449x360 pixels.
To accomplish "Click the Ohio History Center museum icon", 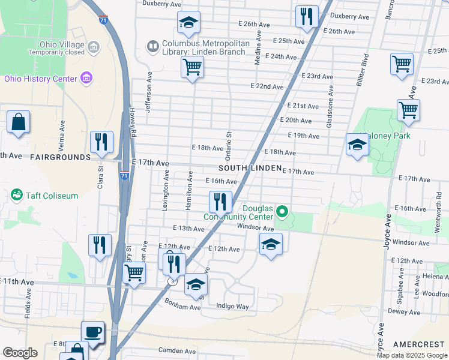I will [86, 79].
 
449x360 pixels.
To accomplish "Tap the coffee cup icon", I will [93, 332].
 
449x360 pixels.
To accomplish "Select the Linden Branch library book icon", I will [153, 46].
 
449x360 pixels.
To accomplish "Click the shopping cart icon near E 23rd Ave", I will [402, 63].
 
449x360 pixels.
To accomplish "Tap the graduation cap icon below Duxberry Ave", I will [189, 23].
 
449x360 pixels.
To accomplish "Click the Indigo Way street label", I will [232, 307].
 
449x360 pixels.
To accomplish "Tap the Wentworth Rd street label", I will [439, 211].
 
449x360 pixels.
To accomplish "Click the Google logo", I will [20, 353].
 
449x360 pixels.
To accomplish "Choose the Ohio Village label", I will [61, 44].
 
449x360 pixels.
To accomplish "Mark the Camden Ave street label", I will [177, 350].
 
